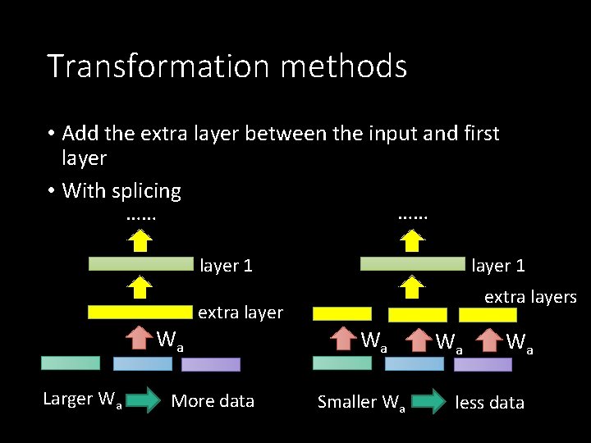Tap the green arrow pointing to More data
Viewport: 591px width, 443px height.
(x=144, y=401)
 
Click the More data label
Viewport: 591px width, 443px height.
(x=213, y=401)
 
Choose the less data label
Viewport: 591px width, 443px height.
(x=489, y=402)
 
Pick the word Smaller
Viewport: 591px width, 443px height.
(x=346, y=402)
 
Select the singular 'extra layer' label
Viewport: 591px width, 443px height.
(x=240, y=313)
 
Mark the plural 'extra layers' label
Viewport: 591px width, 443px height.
(x=530, y=297)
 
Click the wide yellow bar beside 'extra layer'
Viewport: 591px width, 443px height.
(x=140, y=312)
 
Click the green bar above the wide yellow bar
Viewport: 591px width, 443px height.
(x=140, y=264)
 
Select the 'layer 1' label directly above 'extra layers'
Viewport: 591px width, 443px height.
(x=497, y=266)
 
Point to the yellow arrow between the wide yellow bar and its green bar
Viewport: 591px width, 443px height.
(x=140, y=287)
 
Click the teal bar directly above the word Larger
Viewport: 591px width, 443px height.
(x=71, y=363)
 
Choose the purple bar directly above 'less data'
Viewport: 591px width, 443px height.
(x=483, y=364)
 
